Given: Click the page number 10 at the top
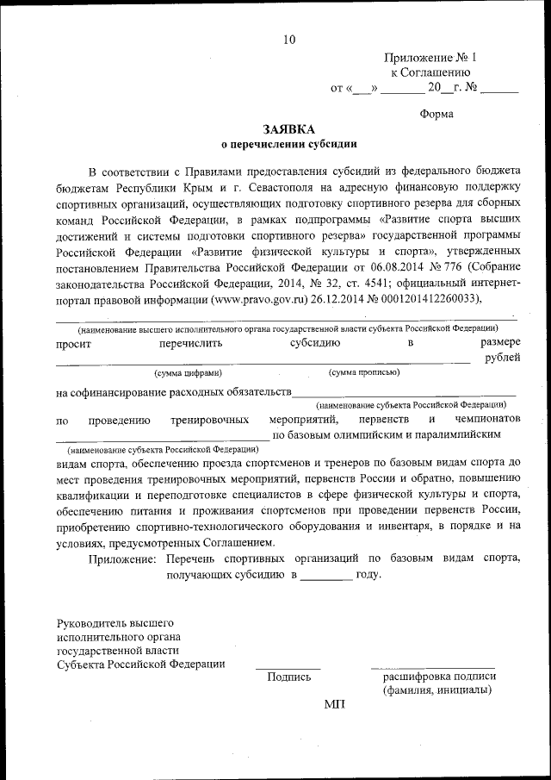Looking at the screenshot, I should click(x=288, y=39).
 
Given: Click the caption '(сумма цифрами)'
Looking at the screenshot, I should click(x=188, y=373).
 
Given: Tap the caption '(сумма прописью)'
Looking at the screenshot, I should click(x=363, y=373).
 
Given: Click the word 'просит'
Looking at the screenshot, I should click(x=75, y=344).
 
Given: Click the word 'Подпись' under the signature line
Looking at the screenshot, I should click(x=288, y=677).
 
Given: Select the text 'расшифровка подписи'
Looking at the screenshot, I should click(x=438, y=677).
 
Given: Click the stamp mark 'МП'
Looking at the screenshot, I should click(x=334, y=704).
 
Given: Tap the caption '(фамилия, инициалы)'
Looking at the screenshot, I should click(x=438, y=690).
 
